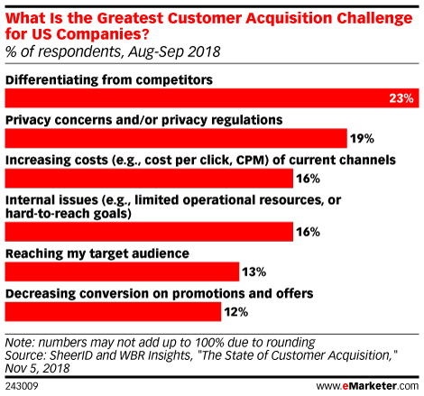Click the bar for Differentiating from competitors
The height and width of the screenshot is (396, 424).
tap(212, 98)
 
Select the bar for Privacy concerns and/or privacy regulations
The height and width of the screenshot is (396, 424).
tap(176, 138)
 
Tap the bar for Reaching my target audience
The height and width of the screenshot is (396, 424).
tap(122, 272)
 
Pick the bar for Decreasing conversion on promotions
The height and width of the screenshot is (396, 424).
tap(113, 312)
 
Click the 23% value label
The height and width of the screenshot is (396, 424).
tap(401, 98)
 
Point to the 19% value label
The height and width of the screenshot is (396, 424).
tap(362, 139)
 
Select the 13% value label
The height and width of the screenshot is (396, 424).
tap(254, 272)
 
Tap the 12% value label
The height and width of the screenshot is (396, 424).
tap(236, 312)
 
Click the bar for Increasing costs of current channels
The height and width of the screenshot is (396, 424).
tap(149, 179)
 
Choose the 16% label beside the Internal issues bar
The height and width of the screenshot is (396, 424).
tap(308, 232)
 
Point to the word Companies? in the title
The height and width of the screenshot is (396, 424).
tap(103, 34)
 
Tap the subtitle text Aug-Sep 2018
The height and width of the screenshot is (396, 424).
tap(174, 51)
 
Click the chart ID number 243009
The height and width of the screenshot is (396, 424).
tap(22, 386)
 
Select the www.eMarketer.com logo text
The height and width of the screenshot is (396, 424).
tap(367, 386)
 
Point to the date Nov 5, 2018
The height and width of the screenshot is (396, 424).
tap(37, 368)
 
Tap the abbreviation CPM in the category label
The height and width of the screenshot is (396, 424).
tap(252, 160)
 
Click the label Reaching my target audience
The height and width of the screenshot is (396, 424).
tap(97, 253)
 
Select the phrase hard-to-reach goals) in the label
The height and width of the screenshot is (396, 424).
tap(69, 214)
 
